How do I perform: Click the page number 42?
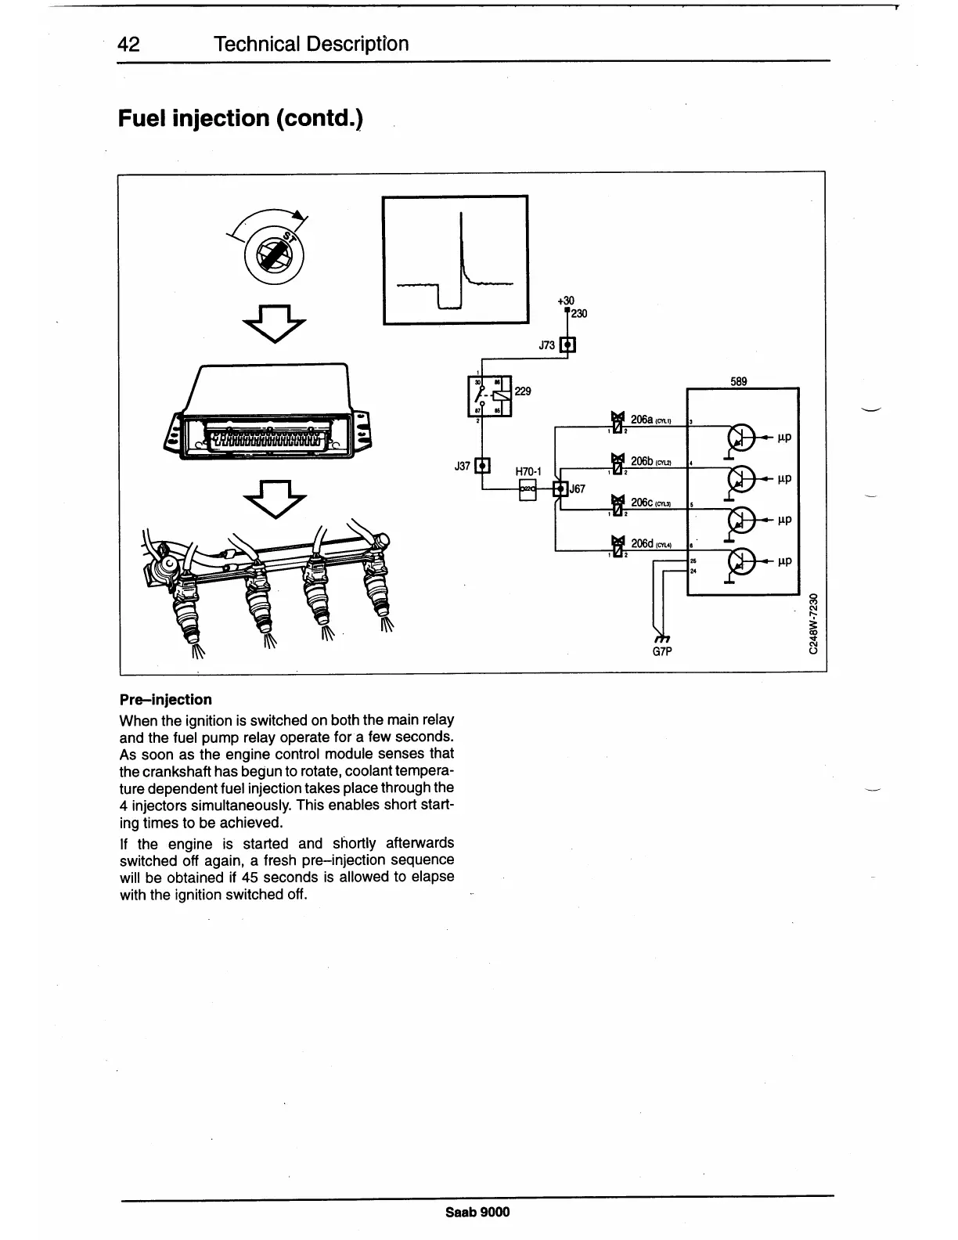[128, 44]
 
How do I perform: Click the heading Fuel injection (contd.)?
[240, 119]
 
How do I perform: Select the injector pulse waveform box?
[455, 259]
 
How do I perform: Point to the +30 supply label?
[565, 301]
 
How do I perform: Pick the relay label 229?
[522, 391]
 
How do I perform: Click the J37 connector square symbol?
[482, 466]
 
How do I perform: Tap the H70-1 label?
[529, 472]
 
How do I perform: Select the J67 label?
[578, 488]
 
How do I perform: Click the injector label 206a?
[642, 420]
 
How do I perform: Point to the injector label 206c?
[642, 502]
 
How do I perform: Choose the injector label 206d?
[642, 542]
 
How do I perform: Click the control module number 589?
[739, 382]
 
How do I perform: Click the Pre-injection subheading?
[165, 699]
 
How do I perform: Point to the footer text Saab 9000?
[477, 1213]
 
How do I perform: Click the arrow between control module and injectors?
[276, 498]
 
